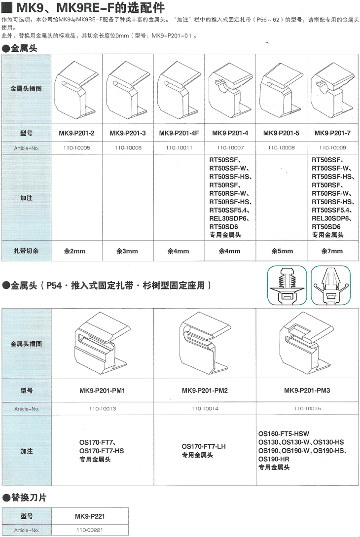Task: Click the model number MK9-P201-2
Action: pos(76,133)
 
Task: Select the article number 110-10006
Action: pos(128,147)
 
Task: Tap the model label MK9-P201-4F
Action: pos(179,133)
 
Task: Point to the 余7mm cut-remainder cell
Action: pos(332,251)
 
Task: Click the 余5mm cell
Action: pos(282,251)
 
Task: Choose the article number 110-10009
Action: pos(332,147)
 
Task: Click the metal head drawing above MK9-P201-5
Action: pos(281,90)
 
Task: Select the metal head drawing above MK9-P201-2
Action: pos(76,90)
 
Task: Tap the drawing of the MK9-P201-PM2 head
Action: pos(205,344)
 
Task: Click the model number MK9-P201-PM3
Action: pos(307,391)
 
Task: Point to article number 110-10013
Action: pos(103,409)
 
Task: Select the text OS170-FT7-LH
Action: pos(204,447)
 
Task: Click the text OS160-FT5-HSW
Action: pos(284,434)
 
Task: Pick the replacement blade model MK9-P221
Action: pos(90,516)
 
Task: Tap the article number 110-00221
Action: pos(90,530)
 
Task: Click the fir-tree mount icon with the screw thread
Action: pos(287,286)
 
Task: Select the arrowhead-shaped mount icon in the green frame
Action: pos(330,286)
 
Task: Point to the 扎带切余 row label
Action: pos(26,251)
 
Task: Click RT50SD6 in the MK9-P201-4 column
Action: pos(223,227)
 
